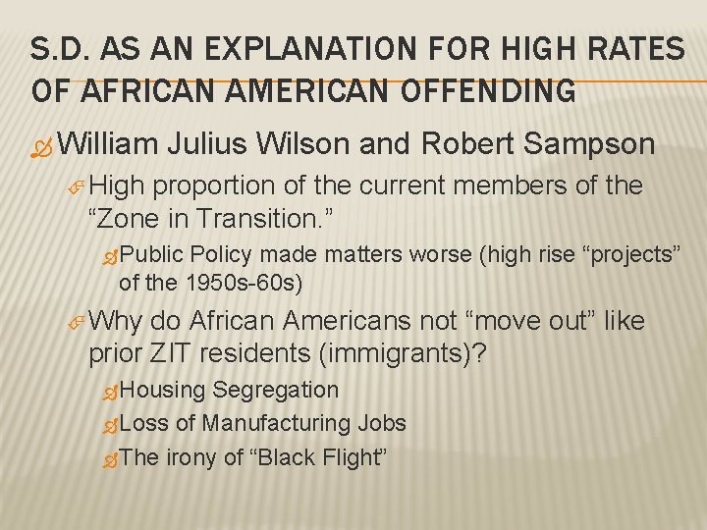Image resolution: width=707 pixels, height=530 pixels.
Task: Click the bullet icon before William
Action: [42, 146]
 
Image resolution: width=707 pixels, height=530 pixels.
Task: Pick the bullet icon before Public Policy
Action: [111, 257]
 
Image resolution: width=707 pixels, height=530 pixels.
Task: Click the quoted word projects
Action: [626, 255]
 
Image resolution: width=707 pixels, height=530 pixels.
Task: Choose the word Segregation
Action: [276, 390]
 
